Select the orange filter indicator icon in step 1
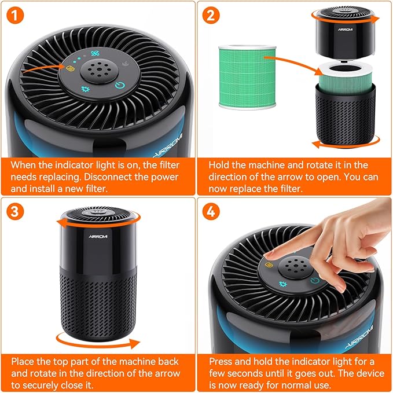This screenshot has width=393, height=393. (x=70, y=69)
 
